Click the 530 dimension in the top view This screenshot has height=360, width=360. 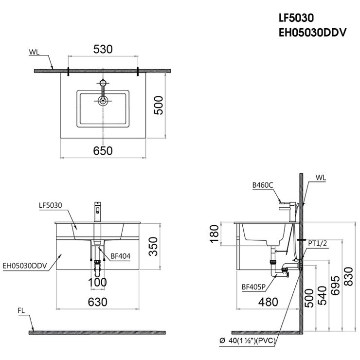coord(103,49)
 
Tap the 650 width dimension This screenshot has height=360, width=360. coord(103,151)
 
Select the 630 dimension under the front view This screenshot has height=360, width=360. coord(98,302)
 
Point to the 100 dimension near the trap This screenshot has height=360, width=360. coord(97,282)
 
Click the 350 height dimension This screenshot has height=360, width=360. coord(153,246)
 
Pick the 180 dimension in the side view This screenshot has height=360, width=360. coord(214,234)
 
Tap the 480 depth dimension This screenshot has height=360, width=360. coord(268,302)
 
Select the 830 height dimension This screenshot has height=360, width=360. coord(348,276)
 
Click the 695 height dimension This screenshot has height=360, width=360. coord(335,286)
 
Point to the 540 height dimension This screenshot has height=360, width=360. coord(322,295)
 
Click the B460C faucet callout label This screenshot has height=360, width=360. coord(263,185)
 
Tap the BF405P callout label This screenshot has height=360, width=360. coord(253,287)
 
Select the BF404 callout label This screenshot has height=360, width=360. coord(120,256)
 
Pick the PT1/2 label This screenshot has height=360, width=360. coord(317,243)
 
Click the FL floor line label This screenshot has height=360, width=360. coord(21,311)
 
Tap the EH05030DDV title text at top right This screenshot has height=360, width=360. coord(312,33)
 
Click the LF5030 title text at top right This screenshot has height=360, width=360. coord(296,18)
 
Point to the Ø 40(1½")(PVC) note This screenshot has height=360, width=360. coord(247,341)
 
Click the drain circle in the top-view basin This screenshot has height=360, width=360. coord(103,100)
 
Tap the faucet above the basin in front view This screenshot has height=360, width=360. coord(98,212)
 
